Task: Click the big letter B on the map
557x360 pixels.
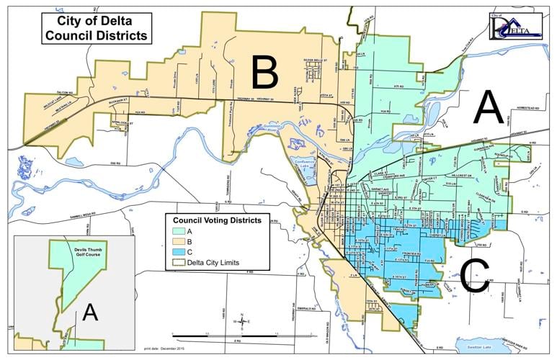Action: click(x=264, y=71)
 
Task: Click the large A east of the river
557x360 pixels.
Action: click(x=488, y=110)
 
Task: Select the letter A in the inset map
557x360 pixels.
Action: click(x=89, y=311)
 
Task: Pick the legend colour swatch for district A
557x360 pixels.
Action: click(x=179, y=232)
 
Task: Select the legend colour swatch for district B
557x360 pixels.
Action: click(x=179, y=242)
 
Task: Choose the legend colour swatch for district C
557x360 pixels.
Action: click(x=179, y=252)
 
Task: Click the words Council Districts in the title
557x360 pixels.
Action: click(x=94, y=35)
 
